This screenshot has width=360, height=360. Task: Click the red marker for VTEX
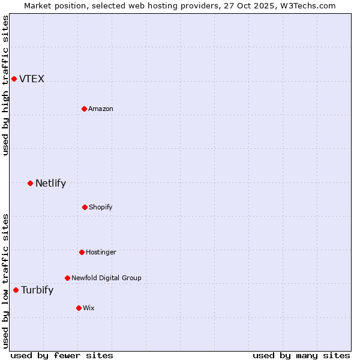click(x=14, y=79)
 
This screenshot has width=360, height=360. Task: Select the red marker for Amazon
click(x=84, y=109)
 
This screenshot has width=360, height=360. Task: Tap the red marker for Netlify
click(x=30, y=183)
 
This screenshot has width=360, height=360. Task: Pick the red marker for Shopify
click(x=85, y=207)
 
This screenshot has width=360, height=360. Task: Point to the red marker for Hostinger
click(x=82, y=252)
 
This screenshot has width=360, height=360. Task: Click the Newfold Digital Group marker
click(x=67, y=278)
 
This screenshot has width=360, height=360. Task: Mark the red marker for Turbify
click(x=16, y=290)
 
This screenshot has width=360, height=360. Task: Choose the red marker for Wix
click(x=79, y=308)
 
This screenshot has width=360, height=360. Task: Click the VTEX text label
click(x=32, y=79)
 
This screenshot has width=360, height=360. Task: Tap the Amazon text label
click(x=101, y=109)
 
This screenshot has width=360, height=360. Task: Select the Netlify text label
click(x=50, y=184)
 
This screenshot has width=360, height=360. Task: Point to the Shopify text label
click(x=101, y=207)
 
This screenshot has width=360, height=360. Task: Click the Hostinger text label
click(x=101, y=252)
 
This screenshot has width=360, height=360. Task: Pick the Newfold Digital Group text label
click(x=106, y=278)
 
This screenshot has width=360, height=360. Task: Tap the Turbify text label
click(x=37, y=290)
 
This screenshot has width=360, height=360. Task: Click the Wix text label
click(x=89, y=308)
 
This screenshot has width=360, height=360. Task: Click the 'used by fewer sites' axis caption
click(x=62, y=355)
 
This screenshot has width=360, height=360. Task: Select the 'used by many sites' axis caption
click(x=301, y=355)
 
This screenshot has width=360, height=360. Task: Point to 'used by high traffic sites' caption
click(x=5, y=85)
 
